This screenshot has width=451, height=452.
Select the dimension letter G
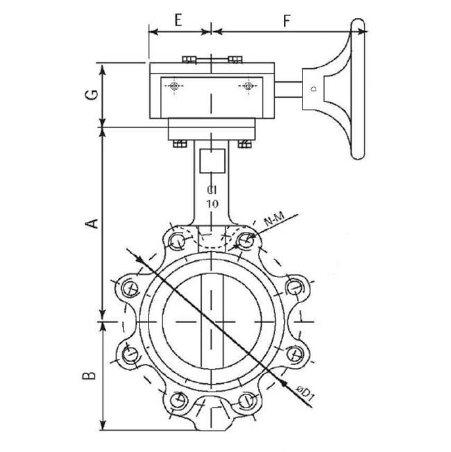pyautogui.click(x=92, y=94)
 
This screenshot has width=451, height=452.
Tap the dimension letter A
pyautogui.click(x=92, y=223)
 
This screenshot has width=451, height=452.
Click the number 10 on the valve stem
pyautogui.click(x=212, y=204)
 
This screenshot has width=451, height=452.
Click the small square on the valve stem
pyautogui.click(x=212, y=160)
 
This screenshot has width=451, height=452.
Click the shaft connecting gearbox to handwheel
pyautogui.click(x=288, y=89)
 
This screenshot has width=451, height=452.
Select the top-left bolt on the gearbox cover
pyautogui.click(x=189, y=60)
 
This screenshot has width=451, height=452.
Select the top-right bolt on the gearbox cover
pyautogui.click(x=235, y=60)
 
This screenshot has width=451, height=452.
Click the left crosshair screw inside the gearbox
pyautogui.click(x=174, y=86)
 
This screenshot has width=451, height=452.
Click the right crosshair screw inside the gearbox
pyautogui.click(x=247, y=86)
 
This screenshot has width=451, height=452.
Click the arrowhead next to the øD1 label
pyautogui.click(x=283, y=382)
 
